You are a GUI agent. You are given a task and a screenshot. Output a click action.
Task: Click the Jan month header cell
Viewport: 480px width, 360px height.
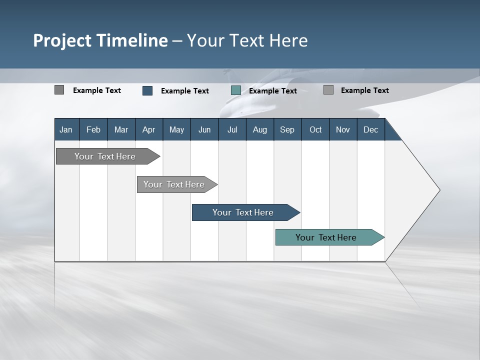click(66, 129)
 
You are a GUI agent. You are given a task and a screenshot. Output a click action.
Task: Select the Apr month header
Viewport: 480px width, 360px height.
click(148, 129)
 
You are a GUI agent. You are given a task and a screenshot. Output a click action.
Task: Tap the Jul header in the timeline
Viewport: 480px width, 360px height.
click(232, 129)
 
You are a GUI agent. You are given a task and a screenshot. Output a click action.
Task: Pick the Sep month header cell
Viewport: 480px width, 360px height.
click(287, 129)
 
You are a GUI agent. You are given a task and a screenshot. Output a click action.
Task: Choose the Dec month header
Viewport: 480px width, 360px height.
click(370, 129)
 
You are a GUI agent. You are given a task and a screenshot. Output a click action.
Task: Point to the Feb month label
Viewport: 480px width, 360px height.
click(93, 129)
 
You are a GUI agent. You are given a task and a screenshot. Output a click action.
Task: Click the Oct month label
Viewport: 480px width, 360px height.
click(315, 129)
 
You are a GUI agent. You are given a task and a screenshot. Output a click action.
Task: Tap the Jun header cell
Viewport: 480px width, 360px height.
click(204, 129)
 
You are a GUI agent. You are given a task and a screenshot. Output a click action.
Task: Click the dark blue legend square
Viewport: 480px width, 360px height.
click(147, 90)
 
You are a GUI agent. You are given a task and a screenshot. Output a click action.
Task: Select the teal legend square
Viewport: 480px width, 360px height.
click(236, 90)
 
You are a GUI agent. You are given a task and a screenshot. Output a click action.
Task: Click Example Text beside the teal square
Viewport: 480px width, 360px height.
click(272, 91)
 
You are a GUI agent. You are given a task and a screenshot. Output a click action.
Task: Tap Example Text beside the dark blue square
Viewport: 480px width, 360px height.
click(184, 91)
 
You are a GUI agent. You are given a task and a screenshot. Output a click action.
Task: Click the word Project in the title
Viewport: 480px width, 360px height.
click(62, 40)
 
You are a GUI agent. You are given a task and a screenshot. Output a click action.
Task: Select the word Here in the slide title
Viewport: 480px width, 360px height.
click(288, 40)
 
